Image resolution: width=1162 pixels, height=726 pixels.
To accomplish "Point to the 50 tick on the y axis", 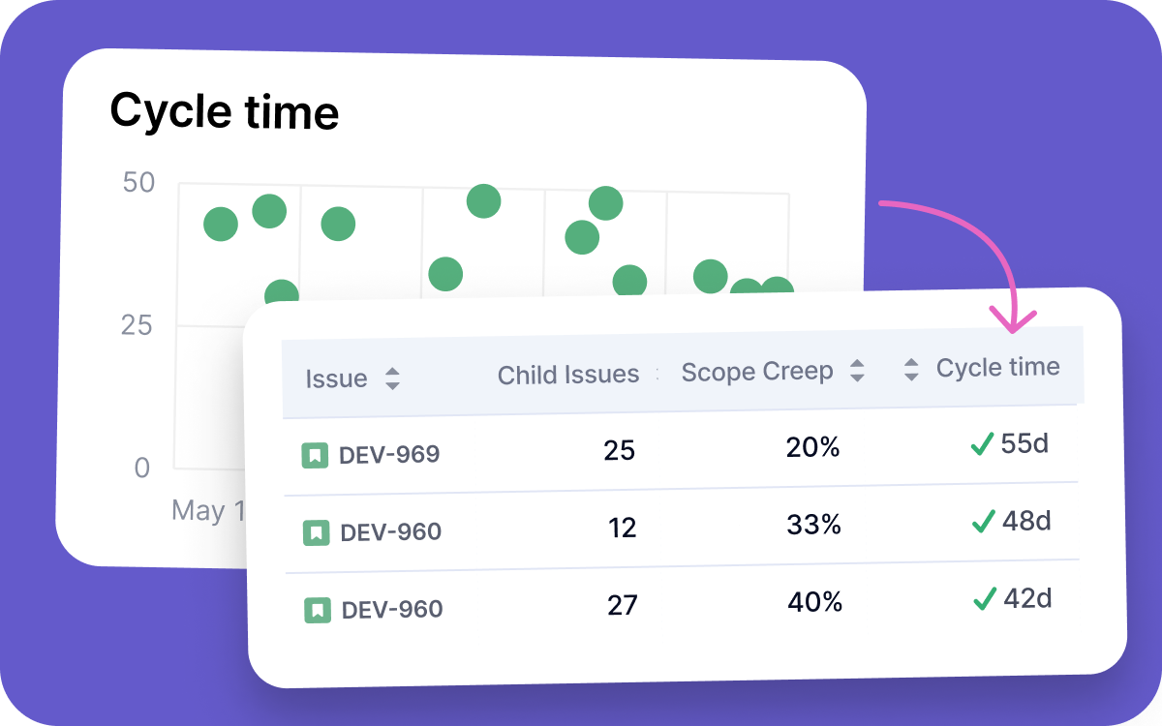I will (138, 182).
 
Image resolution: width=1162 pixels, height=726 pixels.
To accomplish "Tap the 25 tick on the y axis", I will (138, 324).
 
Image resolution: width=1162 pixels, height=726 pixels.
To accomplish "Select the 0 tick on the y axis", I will (142, 469).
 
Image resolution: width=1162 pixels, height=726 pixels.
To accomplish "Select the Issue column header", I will (336, 378).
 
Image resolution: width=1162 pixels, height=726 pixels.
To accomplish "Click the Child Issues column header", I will (568, 375).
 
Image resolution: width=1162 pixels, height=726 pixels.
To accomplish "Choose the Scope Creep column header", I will (757, 372).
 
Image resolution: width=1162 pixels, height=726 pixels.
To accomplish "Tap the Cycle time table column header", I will (997, 367).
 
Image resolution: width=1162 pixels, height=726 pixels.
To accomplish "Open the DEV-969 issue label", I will (389, 454).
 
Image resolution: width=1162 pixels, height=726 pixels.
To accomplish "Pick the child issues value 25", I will (619, 450).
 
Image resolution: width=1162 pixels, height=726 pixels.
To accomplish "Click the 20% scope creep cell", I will (813, 446).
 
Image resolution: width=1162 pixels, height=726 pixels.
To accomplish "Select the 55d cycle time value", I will (1024, 443).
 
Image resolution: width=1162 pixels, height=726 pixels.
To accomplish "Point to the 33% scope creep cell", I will (814, 524).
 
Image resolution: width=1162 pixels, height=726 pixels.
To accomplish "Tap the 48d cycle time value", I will (1026, 521).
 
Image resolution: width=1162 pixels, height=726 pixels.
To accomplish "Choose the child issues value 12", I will (622, 528).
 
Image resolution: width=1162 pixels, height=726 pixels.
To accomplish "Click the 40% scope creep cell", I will (815, 602).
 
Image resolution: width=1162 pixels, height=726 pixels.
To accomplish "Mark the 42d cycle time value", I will (1027, 598).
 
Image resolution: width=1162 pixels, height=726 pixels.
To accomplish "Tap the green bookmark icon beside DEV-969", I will (314, 455).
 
